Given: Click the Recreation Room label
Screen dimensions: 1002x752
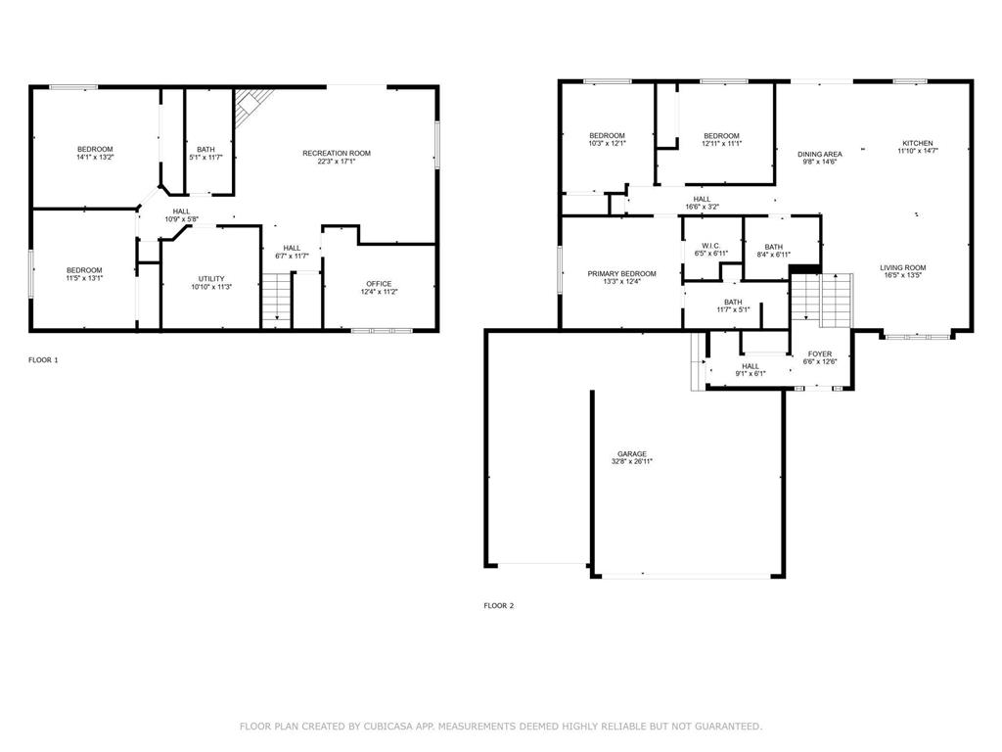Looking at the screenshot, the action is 337,154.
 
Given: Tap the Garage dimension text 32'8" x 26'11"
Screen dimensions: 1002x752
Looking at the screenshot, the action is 631,462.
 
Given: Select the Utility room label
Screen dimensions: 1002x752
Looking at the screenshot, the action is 211,279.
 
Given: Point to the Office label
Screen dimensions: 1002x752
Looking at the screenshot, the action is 379,284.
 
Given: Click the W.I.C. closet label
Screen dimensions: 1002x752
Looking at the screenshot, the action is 710,246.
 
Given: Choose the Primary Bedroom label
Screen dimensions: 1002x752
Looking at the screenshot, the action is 621,274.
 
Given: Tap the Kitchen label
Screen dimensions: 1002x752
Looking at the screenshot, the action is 918,143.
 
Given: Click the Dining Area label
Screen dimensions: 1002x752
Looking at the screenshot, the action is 820,154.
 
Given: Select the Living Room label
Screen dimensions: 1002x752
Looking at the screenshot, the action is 903,268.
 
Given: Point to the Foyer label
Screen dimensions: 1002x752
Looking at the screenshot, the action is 820,353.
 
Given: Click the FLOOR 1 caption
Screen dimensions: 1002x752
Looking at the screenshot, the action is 43,360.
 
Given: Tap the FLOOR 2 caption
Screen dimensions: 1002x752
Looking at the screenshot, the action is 498,605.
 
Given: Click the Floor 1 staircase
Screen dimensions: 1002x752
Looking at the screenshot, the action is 276,301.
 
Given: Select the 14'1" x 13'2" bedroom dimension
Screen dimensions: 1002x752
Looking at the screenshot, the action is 95,158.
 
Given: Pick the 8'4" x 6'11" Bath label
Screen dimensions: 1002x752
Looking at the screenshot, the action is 773,251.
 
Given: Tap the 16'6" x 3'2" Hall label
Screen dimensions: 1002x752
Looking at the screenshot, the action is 702,204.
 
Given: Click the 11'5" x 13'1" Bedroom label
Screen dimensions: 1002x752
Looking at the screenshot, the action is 84,274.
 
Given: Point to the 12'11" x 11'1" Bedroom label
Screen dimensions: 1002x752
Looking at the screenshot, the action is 721,140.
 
